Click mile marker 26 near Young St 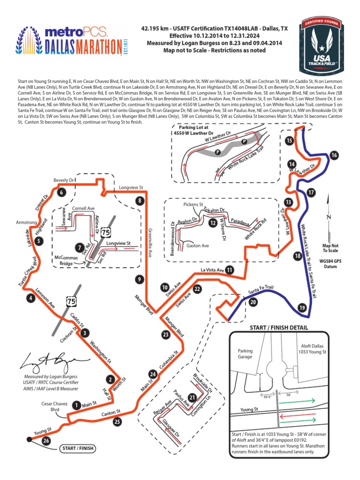(45, 441)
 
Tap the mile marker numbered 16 (334, 155)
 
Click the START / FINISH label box (78, 449)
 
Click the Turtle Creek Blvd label (28, 272)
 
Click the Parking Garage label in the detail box (245, 353)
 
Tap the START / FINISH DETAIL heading (279, 327)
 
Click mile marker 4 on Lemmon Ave (31, 298)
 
